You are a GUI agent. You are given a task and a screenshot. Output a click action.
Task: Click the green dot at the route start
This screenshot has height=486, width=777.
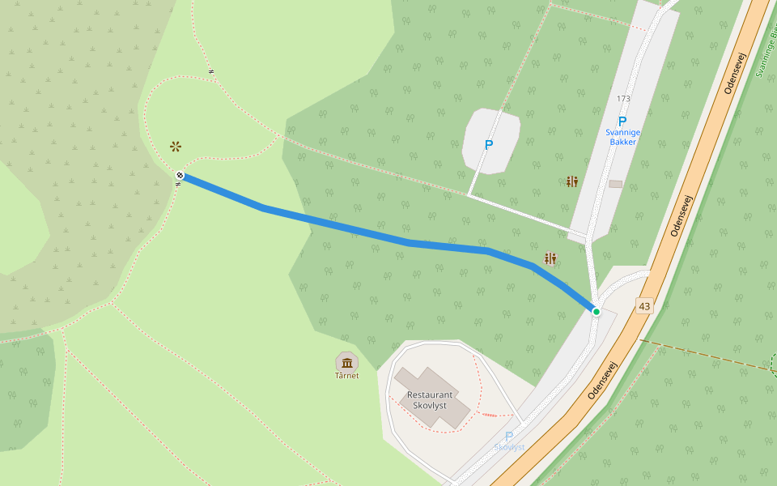[x=597, y=311]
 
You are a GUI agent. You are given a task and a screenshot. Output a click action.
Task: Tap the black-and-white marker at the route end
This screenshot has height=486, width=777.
[x=180, y=175]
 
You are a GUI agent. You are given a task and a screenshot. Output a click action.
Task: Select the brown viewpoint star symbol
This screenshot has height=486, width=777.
[x=176, y=147]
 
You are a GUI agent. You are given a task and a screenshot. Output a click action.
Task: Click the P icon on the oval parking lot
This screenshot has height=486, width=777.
[x=488, y=145]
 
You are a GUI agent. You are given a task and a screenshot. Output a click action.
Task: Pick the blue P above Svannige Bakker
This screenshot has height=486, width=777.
[x=622, y=122]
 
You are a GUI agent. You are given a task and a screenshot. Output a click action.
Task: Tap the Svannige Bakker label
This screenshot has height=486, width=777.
[x=622, y=137]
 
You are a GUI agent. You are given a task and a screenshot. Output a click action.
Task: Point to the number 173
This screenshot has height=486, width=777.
[x=623, y=99]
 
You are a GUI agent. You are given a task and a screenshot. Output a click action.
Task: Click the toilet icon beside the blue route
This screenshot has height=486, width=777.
[x=550, y=258]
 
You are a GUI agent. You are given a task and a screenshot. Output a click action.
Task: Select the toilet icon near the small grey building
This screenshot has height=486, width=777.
[x=572, y=181]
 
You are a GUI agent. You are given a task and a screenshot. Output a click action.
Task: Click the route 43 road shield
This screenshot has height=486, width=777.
[x=643, y=306]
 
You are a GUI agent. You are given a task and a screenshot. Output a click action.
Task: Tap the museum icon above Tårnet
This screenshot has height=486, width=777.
[x=347, y=362]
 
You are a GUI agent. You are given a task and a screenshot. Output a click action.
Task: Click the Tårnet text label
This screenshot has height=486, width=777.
[x=347, y=376]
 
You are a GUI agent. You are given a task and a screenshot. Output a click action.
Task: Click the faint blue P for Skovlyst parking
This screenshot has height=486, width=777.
[x=509, y=437]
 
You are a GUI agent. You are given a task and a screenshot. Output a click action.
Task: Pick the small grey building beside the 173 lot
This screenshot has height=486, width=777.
[x=616, y=184]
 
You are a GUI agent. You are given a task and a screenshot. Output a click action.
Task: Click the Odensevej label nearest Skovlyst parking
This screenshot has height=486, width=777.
[x=603, y=380]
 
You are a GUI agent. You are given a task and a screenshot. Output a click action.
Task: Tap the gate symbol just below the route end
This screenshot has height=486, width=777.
[x=178, y=185]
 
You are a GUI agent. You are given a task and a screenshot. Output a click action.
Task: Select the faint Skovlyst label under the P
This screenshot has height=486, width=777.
[x=509, y=447]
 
